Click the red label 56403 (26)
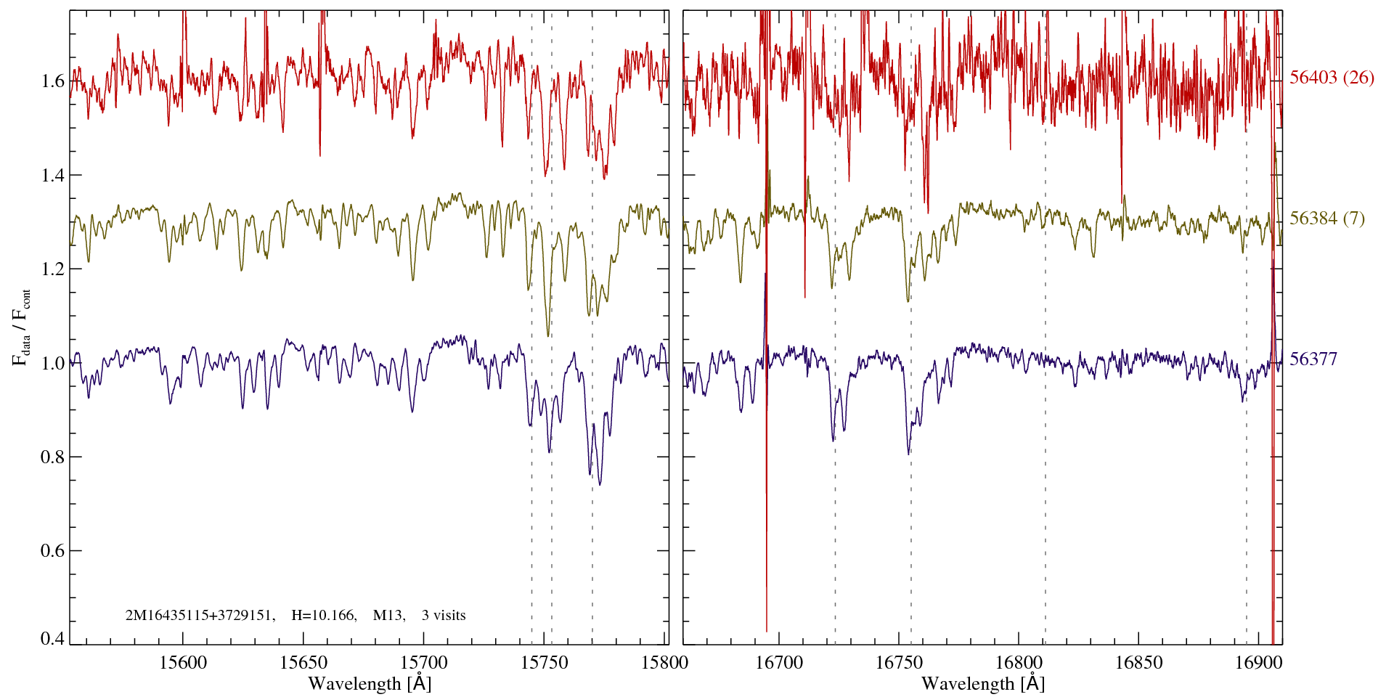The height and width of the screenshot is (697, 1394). tap(1332, 78)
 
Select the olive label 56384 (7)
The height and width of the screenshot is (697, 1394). tap(1327, 219)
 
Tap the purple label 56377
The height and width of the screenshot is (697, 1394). tap(1313, 359)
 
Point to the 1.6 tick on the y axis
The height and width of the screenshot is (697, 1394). tap(53, 81)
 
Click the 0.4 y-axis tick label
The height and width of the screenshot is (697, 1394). tap(53, 639)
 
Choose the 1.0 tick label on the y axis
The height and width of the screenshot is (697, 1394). tap(53, 363)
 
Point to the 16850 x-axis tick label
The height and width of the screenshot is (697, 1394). tap(1138, 662)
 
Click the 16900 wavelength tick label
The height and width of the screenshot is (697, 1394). tap(1257, 662)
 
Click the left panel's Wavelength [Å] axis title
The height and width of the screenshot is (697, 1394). tap(370, 684)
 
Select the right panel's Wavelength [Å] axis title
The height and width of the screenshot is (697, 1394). tap(983, 684)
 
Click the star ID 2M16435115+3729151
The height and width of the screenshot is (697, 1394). tap(200, 616)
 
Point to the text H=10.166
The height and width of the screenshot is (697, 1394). tap(323, 616)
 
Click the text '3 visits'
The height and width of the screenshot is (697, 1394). tap(444, 616)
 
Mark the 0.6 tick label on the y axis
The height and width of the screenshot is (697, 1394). tap(53, 551)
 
